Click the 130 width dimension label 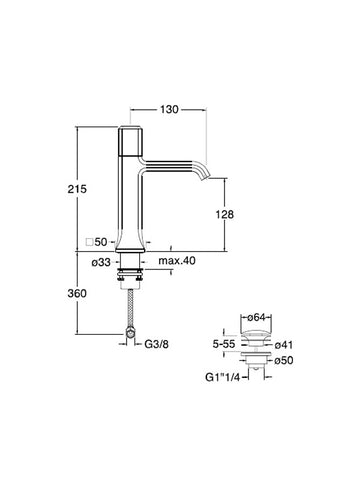pos(169,109)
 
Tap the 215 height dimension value pos(77,189)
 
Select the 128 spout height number pos(225,214)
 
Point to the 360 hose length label pos(77,294)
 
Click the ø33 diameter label pos(101,263)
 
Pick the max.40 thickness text pos(177,261)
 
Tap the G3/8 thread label pos(157,344)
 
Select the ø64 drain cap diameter pos(256,317)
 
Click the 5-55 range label pos(224,344)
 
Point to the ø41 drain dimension pos(284,345)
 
